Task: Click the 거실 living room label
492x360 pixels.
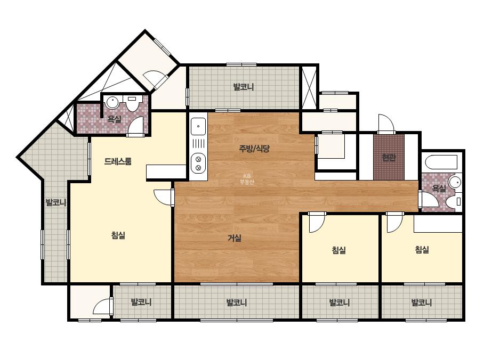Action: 235,239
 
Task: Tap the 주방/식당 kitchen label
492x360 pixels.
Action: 254,149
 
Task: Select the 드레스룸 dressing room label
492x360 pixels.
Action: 118,161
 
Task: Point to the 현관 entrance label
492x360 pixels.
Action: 389,158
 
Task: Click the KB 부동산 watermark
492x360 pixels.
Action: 247,179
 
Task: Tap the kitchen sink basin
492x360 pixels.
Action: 198,126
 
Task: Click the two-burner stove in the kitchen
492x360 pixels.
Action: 198,163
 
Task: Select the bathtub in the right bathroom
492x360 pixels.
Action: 442,162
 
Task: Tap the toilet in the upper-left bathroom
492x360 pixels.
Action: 132,103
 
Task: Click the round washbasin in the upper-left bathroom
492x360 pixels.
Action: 112,102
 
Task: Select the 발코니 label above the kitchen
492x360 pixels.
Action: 244,87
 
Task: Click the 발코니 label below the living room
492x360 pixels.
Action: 237,302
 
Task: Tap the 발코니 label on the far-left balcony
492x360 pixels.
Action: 56,202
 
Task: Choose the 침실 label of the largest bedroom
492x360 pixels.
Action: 118,235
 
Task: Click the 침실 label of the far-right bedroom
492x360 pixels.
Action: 422,250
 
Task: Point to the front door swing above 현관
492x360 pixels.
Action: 386,123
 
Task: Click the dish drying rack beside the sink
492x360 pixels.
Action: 198,144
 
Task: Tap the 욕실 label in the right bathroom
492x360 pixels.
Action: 439,189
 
